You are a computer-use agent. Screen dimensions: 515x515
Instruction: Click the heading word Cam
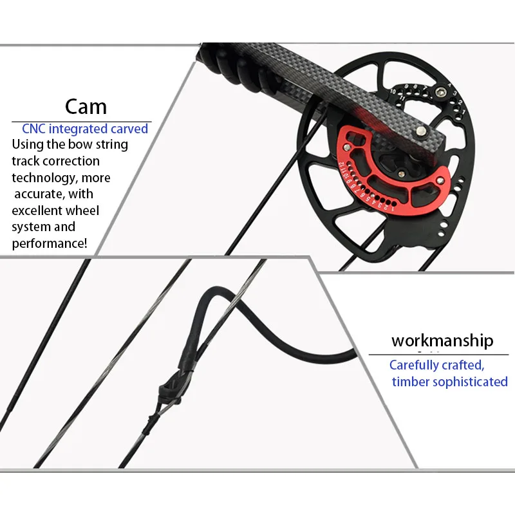pos(86,107)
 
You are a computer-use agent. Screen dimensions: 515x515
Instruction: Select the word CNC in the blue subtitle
pos(33,128)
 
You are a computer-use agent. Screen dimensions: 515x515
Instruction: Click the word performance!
pos(50,243)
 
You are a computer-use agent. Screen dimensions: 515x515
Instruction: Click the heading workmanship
pos(442,341)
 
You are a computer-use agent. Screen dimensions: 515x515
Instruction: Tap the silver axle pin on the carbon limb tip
pos(420,131)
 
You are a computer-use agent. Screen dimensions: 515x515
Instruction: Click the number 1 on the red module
pos(393,208)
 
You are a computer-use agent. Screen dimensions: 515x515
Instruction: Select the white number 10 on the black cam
pos(393,91)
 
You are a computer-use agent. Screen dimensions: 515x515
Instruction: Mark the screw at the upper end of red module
pos(347,147)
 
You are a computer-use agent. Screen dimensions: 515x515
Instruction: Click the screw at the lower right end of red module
pos(440,180)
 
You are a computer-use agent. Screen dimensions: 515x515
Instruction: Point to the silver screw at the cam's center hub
pos(401,173)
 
